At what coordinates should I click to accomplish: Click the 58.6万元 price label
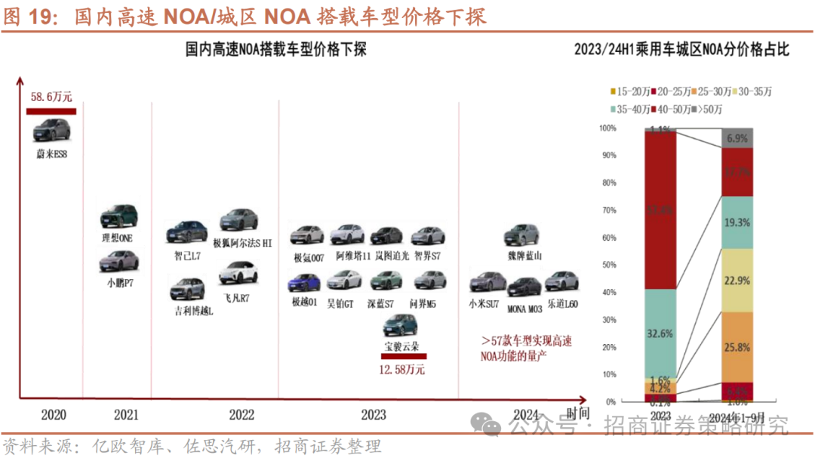51,97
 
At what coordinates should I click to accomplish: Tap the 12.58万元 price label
401,370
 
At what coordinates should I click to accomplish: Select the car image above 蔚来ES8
51,131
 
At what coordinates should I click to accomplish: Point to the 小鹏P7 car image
119,262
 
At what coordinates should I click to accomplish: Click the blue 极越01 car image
305,283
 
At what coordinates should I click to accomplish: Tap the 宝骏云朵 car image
401,327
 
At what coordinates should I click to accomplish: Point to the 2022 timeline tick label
241,414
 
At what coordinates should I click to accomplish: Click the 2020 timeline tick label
54,414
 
